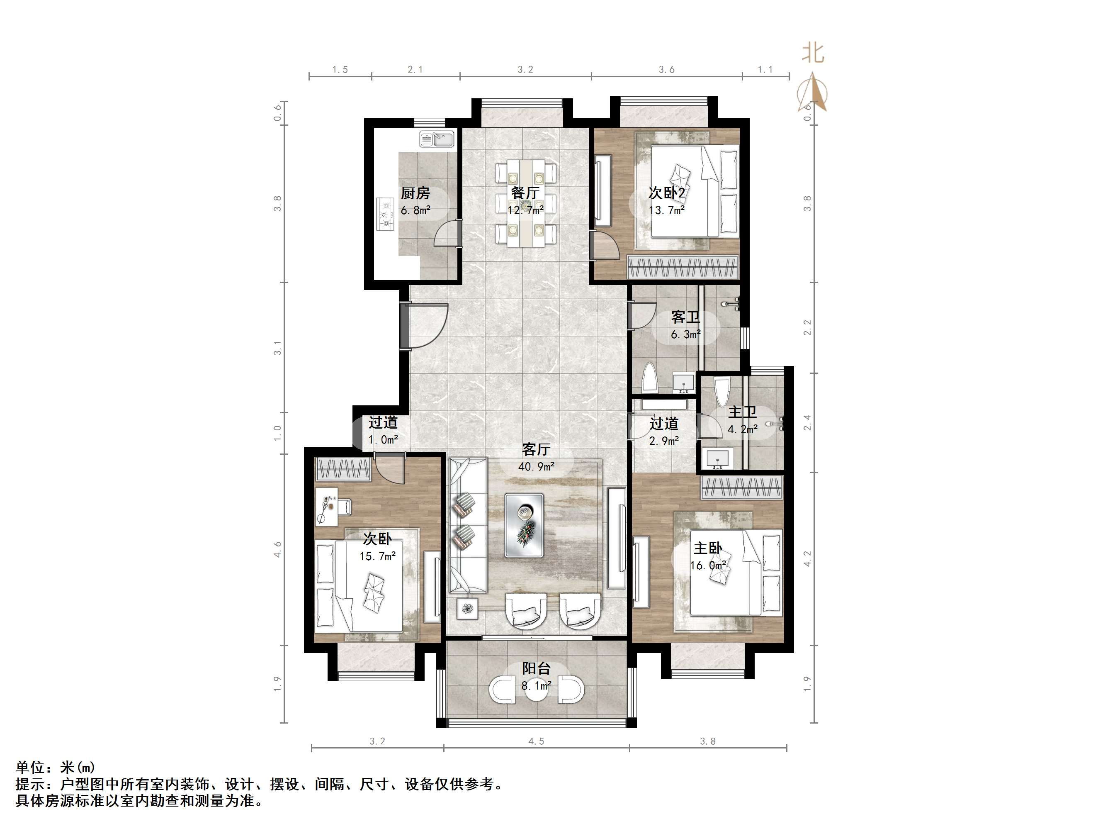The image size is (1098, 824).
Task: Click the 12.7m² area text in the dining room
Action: [525, 210]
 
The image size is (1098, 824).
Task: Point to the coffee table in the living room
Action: [524, 525]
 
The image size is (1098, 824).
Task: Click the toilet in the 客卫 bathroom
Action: [650, 378]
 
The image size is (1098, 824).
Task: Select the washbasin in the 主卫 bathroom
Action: [717, 458]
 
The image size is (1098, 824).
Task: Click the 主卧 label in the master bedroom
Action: [707, 549]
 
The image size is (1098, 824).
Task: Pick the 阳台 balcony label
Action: [536, 668]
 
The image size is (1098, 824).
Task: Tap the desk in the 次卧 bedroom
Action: [327, 506]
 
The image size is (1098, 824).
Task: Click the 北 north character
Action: [813, 53]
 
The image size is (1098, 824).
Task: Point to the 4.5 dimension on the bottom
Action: [536, 741]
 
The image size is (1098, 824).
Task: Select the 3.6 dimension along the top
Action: [667, 70]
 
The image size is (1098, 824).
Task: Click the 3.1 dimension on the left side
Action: [277, 348]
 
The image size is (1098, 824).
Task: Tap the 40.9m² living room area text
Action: [536, 466]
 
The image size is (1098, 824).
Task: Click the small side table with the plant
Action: [467, 608]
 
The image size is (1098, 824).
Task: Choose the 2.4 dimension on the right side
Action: [808, 422]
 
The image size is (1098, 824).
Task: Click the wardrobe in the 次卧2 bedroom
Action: [683, 267]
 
